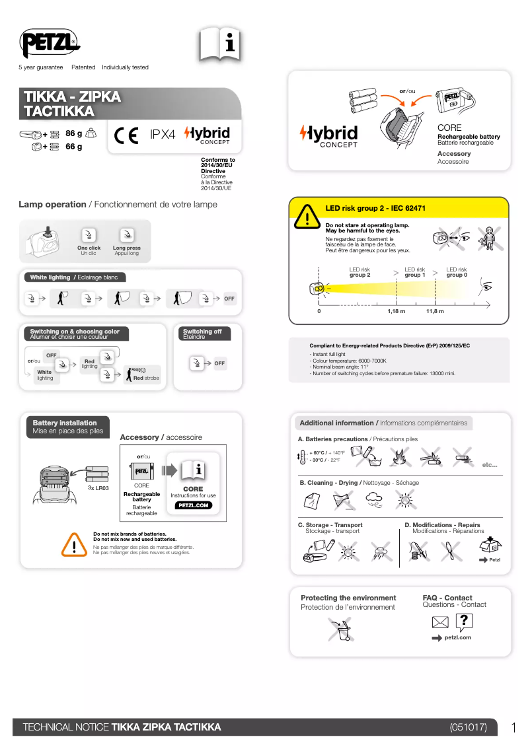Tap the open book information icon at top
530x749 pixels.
220,45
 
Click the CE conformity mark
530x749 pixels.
126,135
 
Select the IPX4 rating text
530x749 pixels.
163,135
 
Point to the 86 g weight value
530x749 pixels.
74,133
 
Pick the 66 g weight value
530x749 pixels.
74,147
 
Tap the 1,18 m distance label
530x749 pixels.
396,310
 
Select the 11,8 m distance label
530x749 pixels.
435,310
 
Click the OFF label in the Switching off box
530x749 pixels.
219,363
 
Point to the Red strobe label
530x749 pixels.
146,378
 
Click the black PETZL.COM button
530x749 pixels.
193,505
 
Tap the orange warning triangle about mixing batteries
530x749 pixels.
75,544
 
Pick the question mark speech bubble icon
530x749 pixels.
465,621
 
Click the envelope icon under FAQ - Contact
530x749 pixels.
440,622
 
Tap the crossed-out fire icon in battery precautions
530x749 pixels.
399,456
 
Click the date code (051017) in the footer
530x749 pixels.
468,727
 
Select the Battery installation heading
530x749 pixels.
65,423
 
